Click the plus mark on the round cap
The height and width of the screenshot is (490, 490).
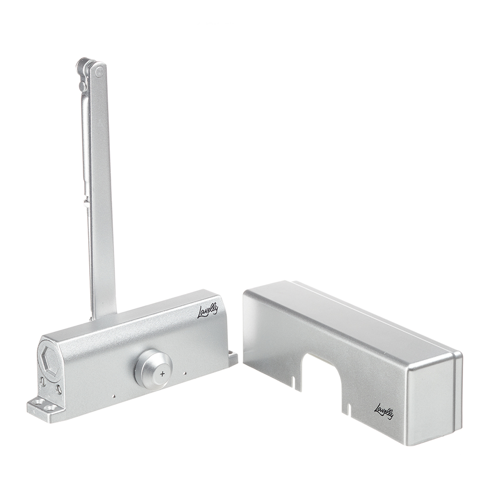[x=162, y=374]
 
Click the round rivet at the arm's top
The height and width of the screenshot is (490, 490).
[x=99, y=72]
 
